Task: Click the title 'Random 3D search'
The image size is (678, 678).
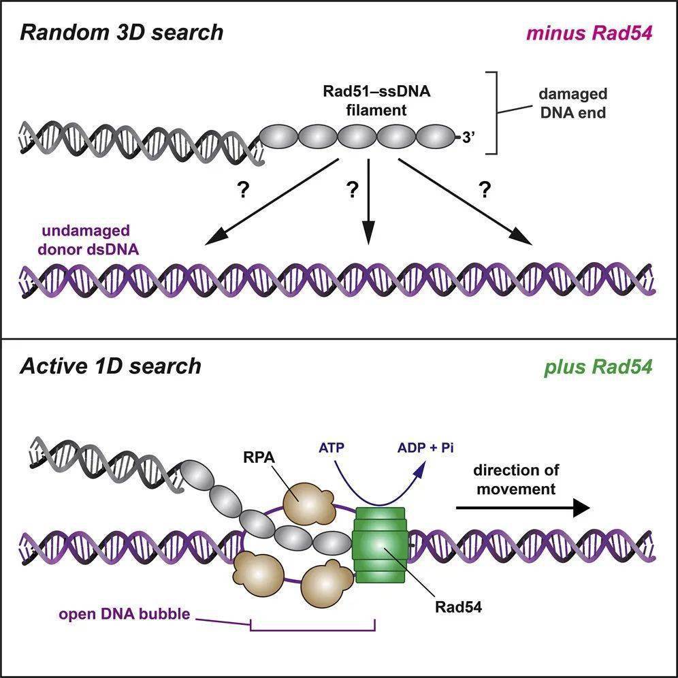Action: pyautogui.click(x=121, y=32)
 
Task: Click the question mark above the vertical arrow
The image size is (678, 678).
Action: pyautogui.click(x=352, y=191)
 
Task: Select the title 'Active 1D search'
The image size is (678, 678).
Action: pyautogui.click(x=110, y=366)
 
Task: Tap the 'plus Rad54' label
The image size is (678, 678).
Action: pyautogui.click(x=598, y=367)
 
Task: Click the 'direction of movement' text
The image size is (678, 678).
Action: pyautogui.click(x=515, y=479)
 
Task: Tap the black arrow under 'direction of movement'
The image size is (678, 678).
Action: pyautogui.click(x=521, y=507)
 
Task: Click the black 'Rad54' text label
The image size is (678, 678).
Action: pyautogui.click(x=458, y=607)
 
